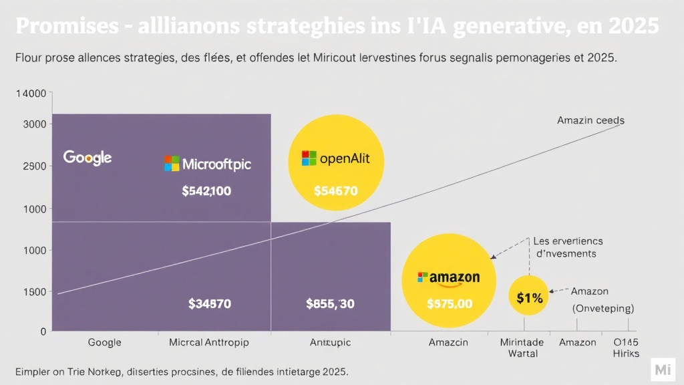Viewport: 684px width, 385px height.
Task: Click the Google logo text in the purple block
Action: [x=88, y=158]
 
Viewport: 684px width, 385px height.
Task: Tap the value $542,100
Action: [x=206, y=191]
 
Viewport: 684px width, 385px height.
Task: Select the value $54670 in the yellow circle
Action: [x=335, y=191]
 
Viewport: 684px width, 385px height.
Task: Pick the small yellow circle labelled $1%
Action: [x=529, y=298]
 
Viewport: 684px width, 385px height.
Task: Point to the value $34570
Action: [x=209, y=304]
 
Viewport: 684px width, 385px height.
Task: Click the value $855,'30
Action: [x=330, y=304]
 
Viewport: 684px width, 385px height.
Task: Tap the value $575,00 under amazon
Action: [x=450, y=304]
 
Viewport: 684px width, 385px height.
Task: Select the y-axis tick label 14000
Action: [x=31, y=94]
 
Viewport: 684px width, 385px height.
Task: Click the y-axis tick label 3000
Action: [x=34, y=124]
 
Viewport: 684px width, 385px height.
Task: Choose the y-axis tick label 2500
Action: [x=34, y=166]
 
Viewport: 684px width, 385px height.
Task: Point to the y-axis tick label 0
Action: [x=43, y=332]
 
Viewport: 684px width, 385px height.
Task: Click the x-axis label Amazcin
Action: [x=448, y=342]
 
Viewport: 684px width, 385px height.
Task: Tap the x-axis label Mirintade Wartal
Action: [x=522, y=348]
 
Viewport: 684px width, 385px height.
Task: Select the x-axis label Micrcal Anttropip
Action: [x=208, y=342]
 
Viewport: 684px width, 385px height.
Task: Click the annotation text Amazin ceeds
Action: [x=590, y=121]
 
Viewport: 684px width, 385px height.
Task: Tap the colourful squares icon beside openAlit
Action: [x=309, y=158]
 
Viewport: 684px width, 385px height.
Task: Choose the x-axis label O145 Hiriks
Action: [x=626, y=348]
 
